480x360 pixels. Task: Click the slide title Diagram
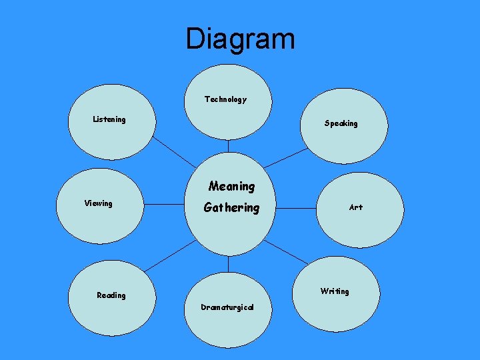pyautogui.click(x=240, y=39)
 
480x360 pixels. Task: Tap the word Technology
pyautogui.click(x=225, y=99)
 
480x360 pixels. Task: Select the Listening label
pyautogui.click(x=109, y=119)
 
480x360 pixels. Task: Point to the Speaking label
pyautogui.click(x=341, y=123)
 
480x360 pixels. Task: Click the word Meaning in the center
pyautogui.click(x=231, y=186)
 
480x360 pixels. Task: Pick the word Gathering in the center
pyautogui.click(x=231, y=207)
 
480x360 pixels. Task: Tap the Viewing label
pyautogui.click(x=98, y=203)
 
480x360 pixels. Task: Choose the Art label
pyautogui.click(x=356, y=207)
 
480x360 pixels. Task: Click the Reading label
pyautogui.click(x=111, y=295)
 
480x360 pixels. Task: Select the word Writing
pyautogui.click(x=334, y=291)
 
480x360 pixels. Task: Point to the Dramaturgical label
pyautogui.click(x=227, y=307)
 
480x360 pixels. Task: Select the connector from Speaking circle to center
pyautogui.click(x=285, y=158)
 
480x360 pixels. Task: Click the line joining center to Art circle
pyautogui.click(x=296, y=208)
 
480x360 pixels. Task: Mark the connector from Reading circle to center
pyautogui.click(x=171, y=255)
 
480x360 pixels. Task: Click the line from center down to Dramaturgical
pyautogui.click(x=228, y=265)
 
